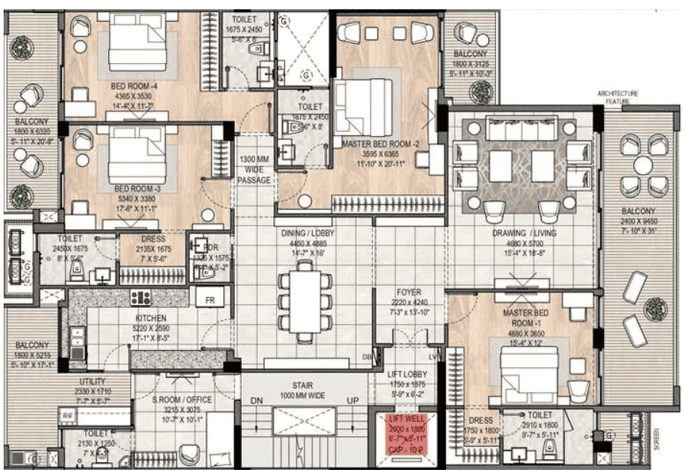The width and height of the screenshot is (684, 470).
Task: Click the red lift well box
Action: (x=406, y=434)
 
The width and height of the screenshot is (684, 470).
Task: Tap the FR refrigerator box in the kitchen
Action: (x=210, y=300)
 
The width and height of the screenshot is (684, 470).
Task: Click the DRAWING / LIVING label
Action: (x=524, y=233)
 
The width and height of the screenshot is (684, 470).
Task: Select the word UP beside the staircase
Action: (x=353, y=400)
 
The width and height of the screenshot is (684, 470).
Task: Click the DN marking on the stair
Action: (x=255, y=400)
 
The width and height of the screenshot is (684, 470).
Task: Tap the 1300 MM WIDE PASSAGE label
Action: (x=254, y=169)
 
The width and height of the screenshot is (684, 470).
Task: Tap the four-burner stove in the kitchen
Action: (x=142, y=298)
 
